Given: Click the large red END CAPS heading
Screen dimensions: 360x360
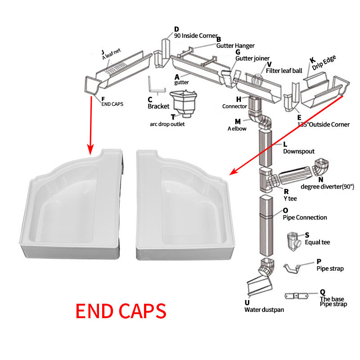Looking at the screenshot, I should tap(121, 311).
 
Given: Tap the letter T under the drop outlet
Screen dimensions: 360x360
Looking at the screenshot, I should tap(173, 117).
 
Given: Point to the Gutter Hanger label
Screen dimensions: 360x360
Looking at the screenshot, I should tap(235, 45).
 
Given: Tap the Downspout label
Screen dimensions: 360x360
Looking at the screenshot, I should tap(298, 151).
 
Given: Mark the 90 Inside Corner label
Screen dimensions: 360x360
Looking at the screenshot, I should tap(196, 36).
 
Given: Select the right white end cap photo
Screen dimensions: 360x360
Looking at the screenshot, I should tap(180, 205).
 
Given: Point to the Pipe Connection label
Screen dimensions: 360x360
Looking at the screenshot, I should tap(305, 217).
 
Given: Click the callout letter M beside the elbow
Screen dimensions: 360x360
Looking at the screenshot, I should tap(238, 121).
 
